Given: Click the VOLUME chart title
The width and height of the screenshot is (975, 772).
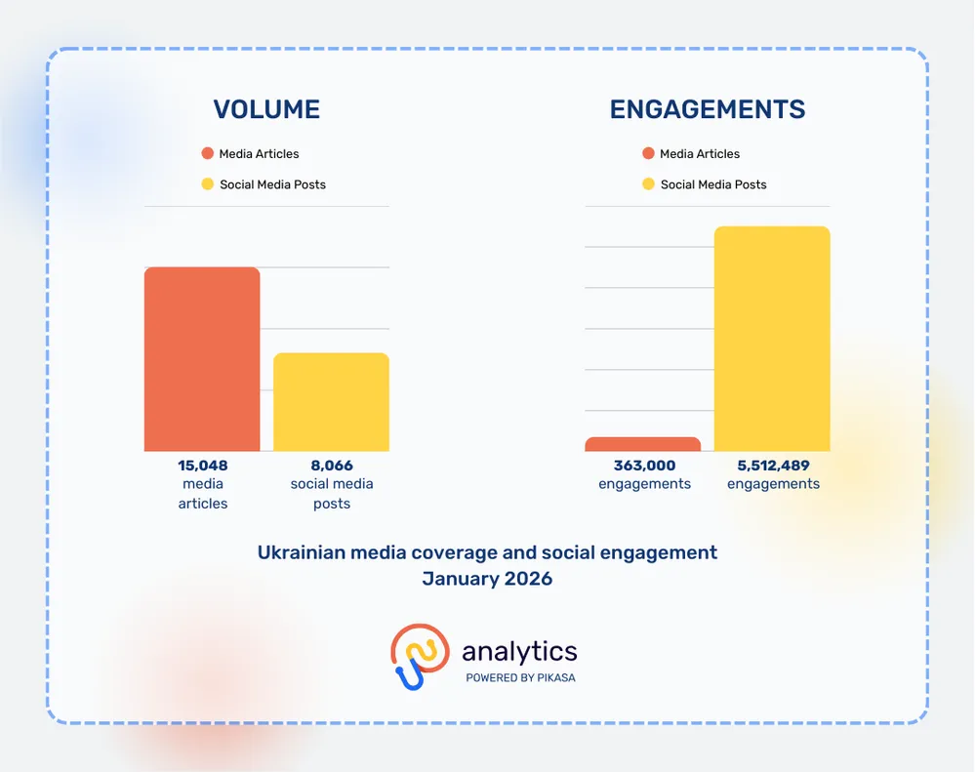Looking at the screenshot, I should click(x=266, y=109).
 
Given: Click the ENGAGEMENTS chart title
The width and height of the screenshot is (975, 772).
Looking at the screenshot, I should click(x=708, y=109).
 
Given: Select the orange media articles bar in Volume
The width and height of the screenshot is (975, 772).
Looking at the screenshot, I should click(x=202, y=359).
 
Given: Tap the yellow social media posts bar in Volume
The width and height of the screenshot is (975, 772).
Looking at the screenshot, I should click(x=331, y=402).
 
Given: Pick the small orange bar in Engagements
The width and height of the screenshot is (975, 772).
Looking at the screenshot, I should click(x=642, y=444).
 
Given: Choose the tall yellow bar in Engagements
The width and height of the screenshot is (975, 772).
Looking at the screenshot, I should click(x=772, y=339).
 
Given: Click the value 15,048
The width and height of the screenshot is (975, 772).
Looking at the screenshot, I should click(x=202, y=466).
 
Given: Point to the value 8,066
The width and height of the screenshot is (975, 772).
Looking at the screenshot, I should click(x=332, y=466).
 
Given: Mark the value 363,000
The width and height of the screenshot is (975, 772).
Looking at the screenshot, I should click(x=644, y=466).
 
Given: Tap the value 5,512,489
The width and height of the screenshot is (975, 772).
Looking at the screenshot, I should click(x=773, y=466).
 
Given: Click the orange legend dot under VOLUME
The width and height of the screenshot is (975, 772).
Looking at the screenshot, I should click(x=207, y=153).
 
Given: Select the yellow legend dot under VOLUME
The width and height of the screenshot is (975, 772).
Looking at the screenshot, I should click(x=207, y=184).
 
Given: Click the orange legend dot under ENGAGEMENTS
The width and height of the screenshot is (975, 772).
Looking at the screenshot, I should click(x=648, y=153).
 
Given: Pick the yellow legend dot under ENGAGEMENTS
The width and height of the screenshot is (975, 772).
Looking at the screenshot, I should click(x=648, y=184).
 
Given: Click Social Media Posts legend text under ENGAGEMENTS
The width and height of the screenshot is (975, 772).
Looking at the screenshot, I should click(x=713, y=184).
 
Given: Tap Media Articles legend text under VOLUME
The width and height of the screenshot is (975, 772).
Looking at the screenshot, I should click(x=259, y=153).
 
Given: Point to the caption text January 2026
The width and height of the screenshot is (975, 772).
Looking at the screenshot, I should click(x=487, y=579).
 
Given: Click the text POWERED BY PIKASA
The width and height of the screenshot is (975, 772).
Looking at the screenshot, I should click(x=520, y=677).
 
